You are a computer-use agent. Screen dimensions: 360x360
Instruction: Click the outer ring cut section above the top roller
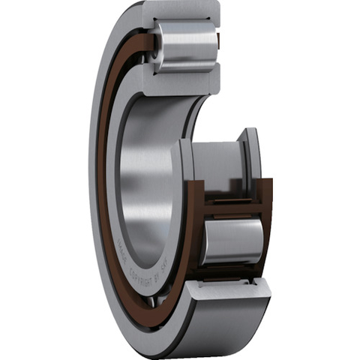(184, 10)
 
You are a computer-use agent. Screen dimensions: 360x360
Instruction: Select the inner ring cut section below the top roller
(187, 82)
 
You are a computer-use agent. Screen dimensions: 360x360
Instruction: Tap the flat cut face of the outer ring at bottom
(225, 288)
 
